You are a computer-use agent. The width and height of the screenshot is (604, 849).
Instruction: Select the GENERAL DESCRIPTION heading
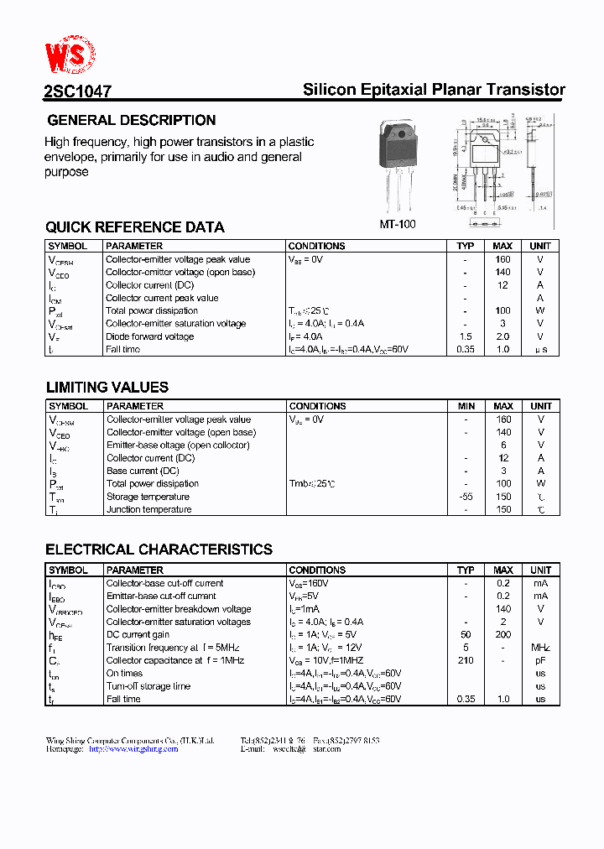coord(131,120)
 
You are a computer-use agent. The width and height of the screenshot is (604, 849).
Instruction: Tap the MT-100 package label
coord(398,224)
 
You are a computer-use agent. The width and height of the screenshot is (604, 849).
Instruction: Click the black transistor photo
coord(404,163)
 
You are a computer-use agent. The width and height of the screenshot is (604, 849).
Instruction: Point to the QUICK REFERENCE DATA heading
coord(134,227)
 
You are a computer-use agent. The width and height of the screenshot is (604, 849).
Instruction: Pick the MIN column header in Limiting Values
coord(466,406)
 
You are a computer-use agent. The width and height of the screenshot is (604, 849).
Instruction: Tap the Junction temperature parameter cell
coord(148,509)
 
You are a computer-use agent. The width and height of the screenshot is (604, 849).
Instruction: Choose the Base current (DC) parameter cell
coord(143,471)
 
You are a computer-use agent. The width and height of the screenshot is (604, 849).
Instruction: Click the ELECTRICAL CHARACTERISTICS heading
coord(159,550)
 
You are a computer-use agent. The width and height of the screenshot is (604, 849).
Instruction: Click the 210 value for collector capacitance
coord(466,660)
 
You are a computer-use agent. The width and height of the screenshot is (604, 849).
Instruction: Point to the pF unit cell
coord(541,660)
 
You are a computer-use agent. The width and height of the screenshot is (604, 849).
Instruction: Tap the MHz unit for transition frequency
coord(541,648)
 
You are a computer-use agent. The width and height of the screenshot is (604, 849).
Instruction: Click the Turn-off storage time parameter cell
coord(148,686)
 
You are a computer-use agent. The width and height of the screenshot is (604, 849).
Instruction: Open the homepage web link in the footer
coord(133,749)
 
